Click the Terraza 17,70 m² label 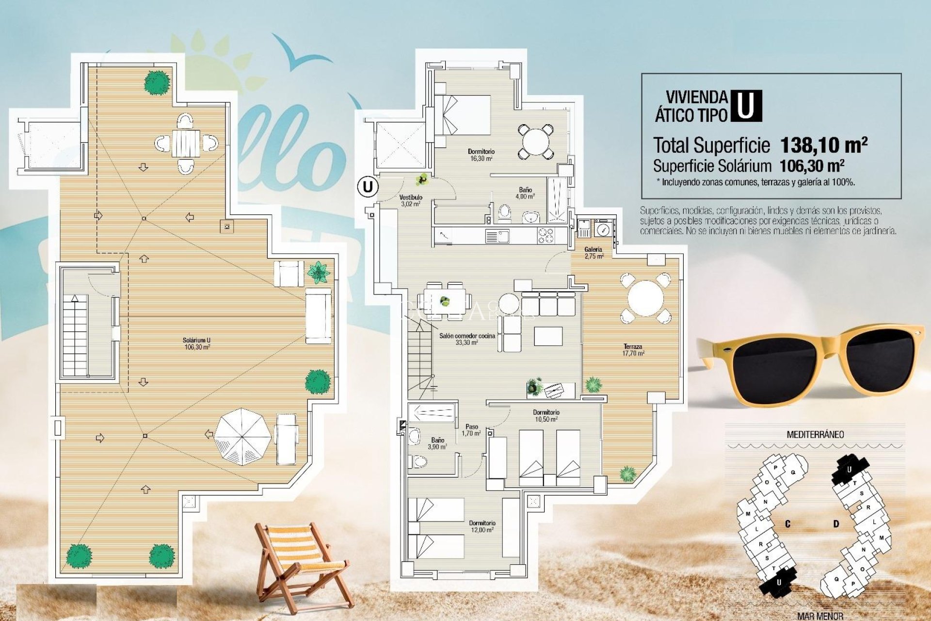[x=633, y=350]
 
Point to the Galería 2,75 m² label [x=594, y=253]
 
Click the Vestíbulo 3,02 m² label [x=411, y=200]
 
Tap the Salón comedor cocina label [x=467, y=339]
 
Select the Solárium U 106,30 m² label [x=197, y=343]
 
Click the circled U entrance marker [x=368, y=187]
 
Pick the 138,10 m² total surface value [x=823, y=145]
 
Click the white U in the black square [x=746, y=106]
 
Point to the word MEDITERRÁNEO [x=815, y=434]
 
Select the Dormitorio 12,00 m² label [x=482, y=526]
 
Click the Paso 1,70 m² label [x=471, y=430]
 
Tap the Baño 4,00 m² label [x=525, y=193]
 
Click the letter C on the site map [x=788, y=524]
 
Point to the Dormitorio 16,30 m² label [x=481, y=155]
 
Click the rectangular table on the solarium [x=186, y=143]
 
